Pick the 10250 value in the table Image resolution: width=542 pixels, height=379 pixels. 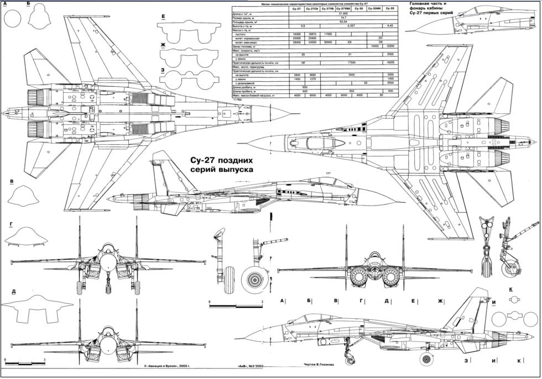pos(389,46)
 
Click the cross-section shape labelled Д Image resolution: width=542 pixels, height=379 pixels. pos(36,308)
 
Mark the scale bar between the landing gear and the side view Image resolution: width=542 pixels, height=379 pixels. pos(235,305)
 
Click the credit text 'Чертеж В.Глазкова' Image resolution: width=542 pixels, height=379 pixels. pos(324,364)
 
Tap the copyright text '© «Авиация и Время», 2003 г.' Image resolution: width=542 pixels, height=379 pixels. pos(172,366)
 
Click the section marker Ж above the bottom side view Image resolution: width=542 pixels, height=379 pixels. pos(441,301)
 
